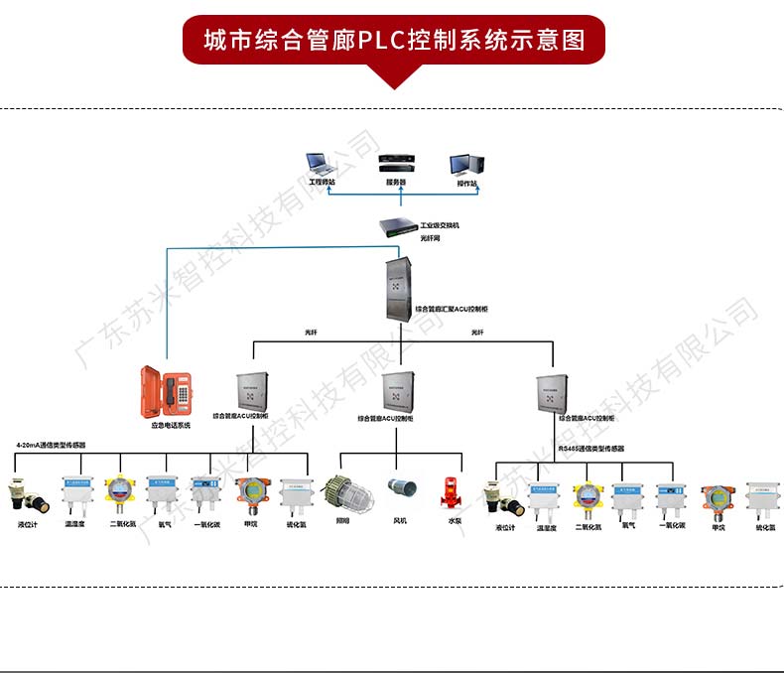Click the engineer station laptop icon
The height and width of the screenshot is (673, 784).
coord(322,164)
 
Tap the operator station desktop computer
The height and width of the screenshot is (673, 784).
coord(465,165)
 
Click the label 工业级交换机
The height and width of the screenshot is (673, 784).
coord(440,226)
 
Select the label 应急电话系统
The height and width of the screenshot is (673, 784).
coord(171,429)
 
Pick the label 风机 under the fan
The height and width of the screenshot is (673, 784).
coord(400,519)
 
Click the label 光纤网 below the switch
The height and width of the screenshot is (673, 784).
coord(429,238)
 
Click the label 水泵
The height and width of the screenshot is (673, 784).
coord(455,519)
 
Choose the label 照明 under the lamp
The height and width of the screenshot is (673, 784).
coord(342,519)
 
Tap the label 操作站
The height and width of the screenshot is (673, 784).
coord(466,184)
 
